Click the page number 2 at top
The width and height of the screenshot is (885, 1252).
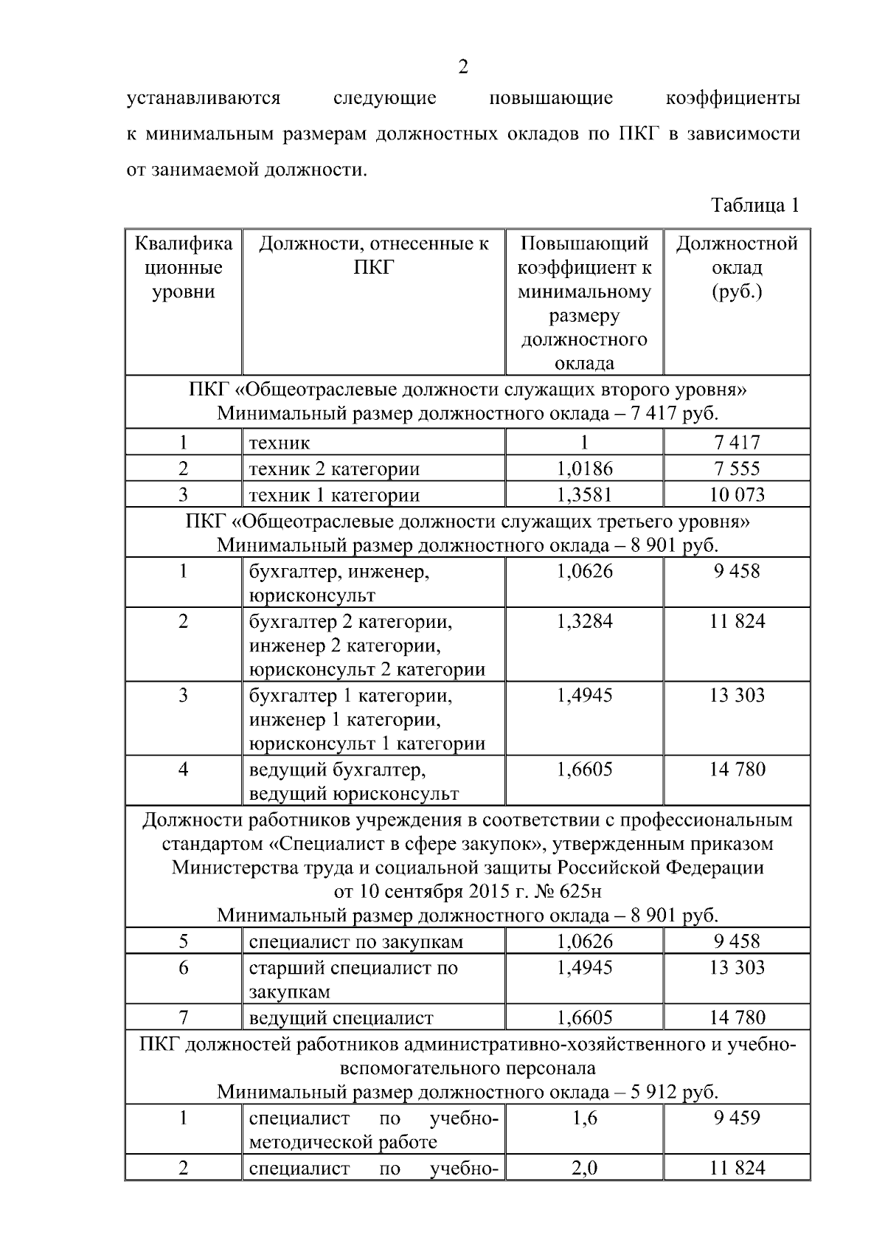tap(462, 68)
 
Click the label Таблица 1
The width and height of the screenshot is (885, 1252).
tap(754, 205)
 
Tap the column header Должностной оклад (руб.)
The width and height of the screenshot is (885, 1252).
tap(737, 267)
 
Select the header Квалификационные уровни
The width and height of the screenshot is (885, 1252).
tap(184, 267)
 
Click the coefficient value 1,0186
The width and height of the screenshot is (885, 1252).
tap(584, 468)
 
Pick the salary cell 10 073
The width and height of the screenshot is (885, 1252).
tap(737, 495)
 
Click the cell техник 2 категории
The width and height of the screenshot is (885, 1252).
tap(334, 469)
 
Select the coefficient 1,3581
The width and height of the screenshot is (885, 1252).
tap(584, 495)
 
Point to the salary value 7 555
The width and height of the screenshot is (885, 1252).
tap(737, 468)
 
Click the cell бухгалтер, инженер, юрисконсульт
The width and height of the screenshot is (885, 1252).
tap(339, 583)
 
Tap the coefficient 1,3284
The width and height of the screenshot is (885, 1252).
tap(584, 621)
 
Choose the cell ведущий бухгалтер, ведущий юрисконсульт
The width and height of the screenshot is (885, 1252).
tap(354, 782)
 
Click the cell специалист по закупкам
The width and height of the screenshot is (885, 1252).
tap(356, 942)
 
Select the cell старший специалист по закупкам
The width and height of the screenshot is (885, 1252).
tap(353, 979)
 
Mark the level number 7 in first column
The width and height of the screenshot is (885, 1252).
tap(184, 1018)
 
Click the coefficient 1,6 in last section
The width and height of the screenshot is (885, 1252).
tap(584, 1118)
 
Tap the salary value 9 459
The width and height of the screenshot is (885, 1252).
tap(737, 1118)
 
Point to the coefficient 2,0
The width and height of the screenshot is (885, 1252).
tap(584, 1169)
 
